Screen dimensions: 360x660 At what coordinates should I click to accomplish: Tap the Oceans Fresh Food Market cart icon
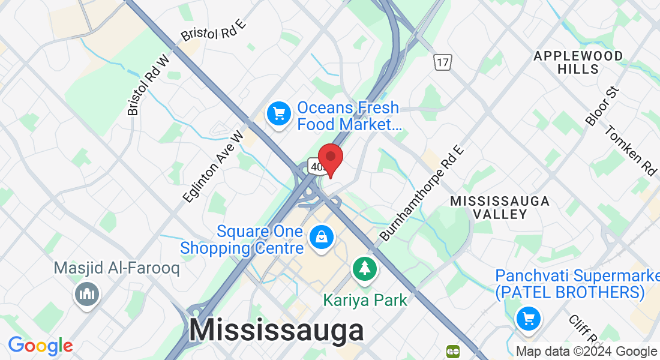coord(278,113)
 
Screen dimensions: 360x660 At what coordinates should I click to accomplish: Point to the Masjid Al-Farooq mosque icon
coord(87,293)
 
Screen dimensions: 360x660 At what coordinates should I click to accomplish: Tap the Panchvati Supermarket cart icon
coord(528,318)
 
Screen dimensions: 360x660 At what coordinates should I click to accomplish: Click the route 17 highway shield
coord(443,61)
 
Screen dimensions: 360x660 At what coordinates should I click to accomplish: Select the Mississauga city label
coord(277,331)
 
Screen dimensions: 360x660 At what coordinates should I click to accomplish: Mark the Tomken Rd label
coord(630,150)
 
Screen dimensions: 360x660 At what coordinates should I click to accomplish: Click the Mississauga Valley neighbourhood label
coord(500,207)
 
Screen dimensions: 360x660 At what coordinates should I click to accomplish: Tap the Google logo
coord(40,346)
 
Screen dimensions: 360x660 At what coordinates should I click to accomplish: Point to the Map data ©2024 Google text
coord(586,352)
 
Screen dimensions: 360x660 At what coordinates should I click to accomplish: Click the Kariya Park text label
coord(365,299)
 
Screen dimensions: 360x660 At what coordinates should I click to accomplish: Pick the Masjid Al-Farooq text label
coord(116,268)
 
